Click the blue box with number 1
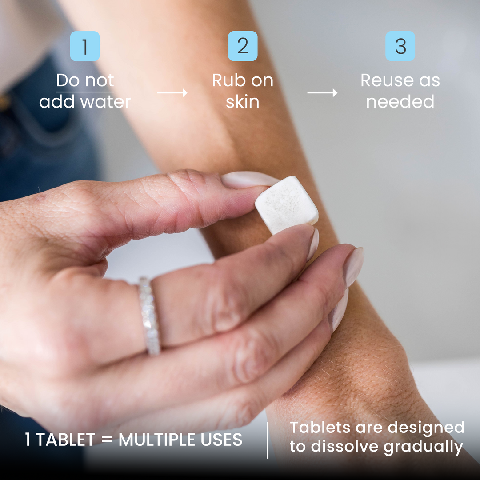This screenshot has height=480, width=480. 85,46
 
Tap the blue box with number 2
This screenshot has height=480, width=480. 243,46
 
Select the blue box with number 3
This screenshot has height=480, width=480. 400,46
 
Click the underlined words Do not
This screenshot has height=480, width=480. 85,80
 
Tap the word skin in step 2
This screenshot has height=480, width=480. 243,102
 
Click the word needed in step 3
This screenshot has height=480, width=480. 400,102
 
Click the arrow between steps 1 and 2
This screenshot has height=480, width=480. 172,92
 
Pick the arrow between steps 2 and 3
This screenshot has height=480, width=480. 322,92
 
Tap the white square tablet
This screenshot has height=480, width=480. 287,204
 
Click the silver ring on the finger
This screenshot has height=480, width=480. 149,316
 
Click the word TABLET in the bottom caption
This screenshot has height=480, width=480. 66,440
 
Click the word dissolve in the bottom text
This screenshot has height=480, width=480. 344,447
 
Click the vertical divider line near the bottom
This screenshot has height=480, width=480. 268,440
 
